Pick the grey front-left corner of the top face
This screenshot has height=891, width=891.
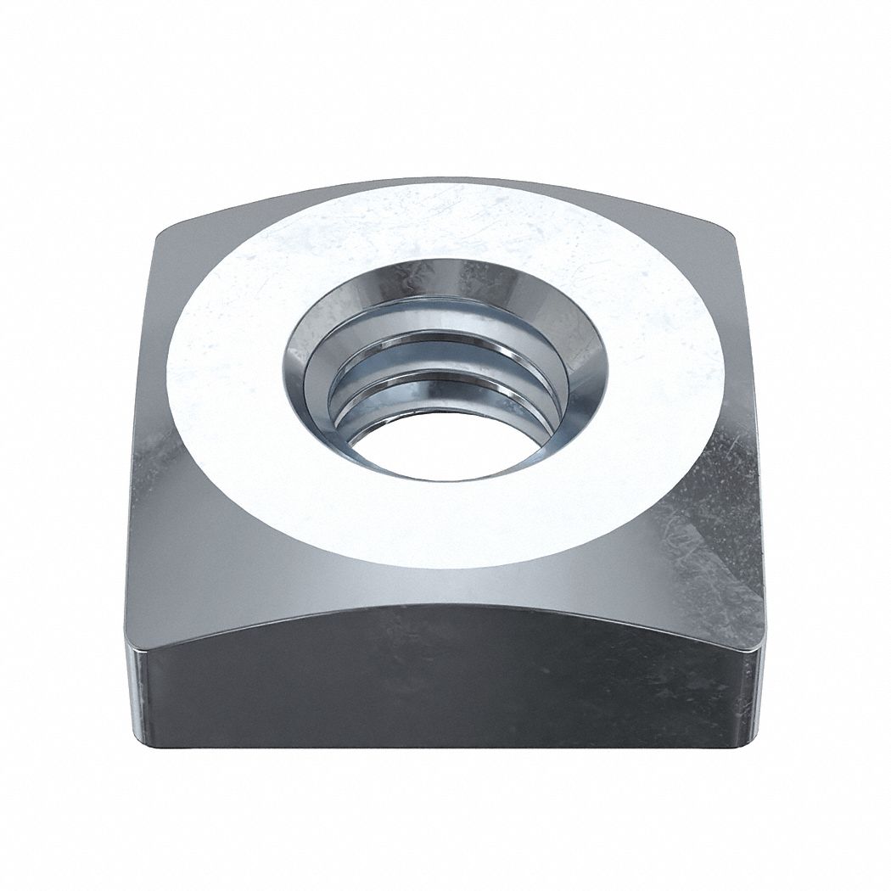point(178,560)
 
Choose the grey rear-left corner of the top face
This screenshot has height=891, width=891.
point(195,255)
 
